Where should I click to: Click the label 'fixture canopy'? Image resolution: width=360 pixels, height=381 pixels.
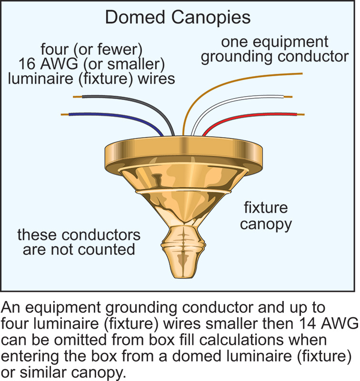(x=266, y=216)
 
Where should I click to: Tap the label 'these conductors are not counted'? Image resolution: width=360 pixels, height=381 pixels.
(x=79, y=242)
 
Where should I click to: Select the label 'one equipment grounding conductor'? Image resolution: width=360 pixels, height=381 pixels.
(x=274, y=49)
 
